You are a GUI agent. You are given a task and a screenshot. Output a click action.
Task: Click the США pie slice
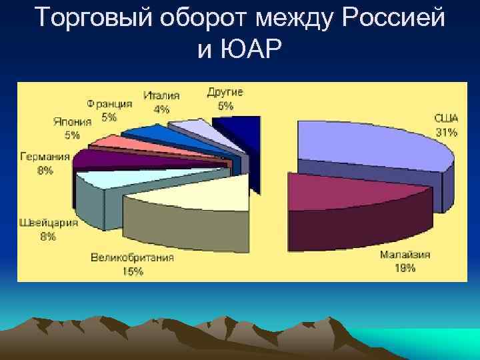(370, 143)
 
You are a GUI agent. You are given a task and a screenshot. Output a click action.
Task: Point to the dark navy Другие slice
(240, 130)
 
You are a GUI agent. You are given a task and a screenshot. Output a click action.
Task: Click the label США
(446, 118)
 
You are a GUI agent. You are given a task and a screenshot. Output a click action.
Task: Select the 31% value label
(446, 132)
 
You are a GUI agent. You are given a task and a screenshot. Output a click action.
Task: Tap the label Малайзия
(405, 255)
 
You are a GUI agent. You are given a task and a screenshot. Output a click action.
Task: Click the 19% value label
(405, 268)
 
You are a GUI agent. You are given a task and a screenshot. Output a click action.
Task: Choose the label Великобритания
(133, 257)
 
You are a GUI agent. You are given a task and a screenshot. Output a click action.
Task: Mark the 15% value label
(133, 271)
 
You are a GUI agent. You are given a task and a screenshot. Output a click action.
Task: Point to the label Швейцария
(48, 223)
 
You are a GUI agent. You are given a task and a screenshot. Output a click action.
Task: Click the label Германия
(45, 157)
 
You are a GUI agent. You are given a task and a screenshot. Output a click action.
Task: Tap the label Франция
(109, 104)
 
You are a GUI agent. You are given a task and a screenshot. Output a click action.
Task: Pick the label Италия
(161, 96)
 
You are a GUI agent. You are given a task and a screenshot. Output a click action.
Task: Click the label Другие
(225, 91)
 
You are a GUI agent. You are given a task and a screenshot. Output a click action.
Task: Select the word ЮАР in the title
(254, 49)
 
